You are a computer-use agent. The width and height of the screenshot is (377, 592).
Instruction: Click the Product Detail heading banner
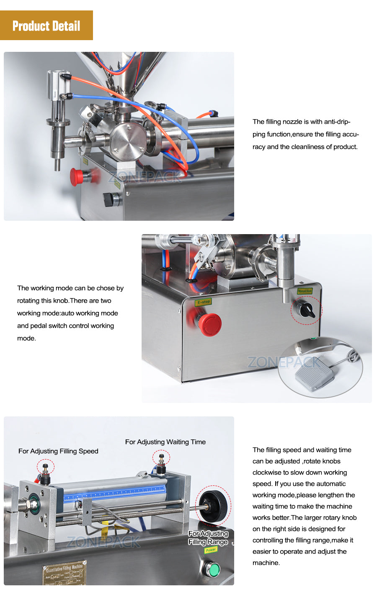click(46, 26)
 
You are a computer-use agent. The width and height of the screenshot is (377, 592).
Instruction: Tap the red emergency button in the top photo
click(77, 176)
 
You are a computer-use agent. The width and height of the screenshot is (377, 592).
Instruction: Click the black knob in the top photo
click(109, 199)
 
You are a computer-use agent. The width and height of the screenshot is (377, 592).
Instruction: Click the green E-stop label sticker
click(204, 301)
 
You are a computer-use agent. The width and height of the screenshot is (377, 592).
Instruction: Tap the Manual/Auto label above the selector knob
click(305, 291)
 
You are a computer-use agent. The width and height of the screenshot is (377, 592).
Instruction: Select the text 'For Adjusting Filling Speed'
click(58, 451)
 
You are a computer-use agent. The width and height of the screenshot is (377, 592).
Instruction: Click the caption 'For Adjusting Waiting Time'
click(165, 442)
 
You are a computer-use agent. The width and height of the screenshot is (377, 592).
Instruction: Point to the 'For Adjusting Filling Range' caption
click(208, 538)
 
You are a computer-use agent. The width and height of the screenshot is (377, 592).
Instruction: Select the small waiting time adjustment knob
click(161, 459)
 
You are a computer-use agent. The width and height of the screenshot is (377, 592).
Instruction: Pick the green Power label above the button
click(211, 550)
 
